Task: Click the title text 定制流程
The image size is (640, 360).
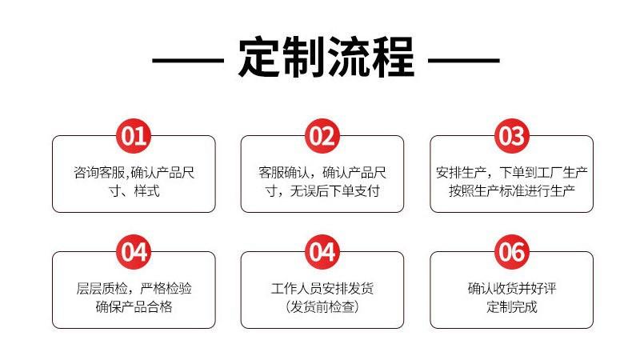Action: coord(326,58)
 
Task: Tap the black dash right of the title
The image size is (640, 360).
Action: coord(464,60)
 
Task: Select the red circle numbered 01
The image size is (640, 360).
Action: coord(134,136)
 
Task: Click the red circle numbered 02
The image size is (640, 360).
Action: coord(322,136)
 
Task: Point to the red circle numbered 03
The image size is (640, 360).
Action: coord(511,136)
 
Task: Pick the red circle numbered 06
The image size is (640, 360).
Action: coord(511,252)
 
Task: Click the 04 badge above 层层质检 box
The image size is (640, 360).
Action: coord(134,252)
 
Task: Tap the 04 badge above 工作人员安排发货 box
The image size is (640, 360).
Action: coord(322,252)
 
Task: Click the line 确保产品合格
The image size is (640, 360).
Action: coord(134,307)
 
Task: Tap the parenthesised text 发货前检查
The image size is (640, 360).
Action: coord(322,307)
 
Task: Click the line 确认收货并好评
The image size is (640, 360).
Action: coord(512,288)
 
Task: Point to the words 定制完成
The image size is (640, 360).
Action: coord(512,307)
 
